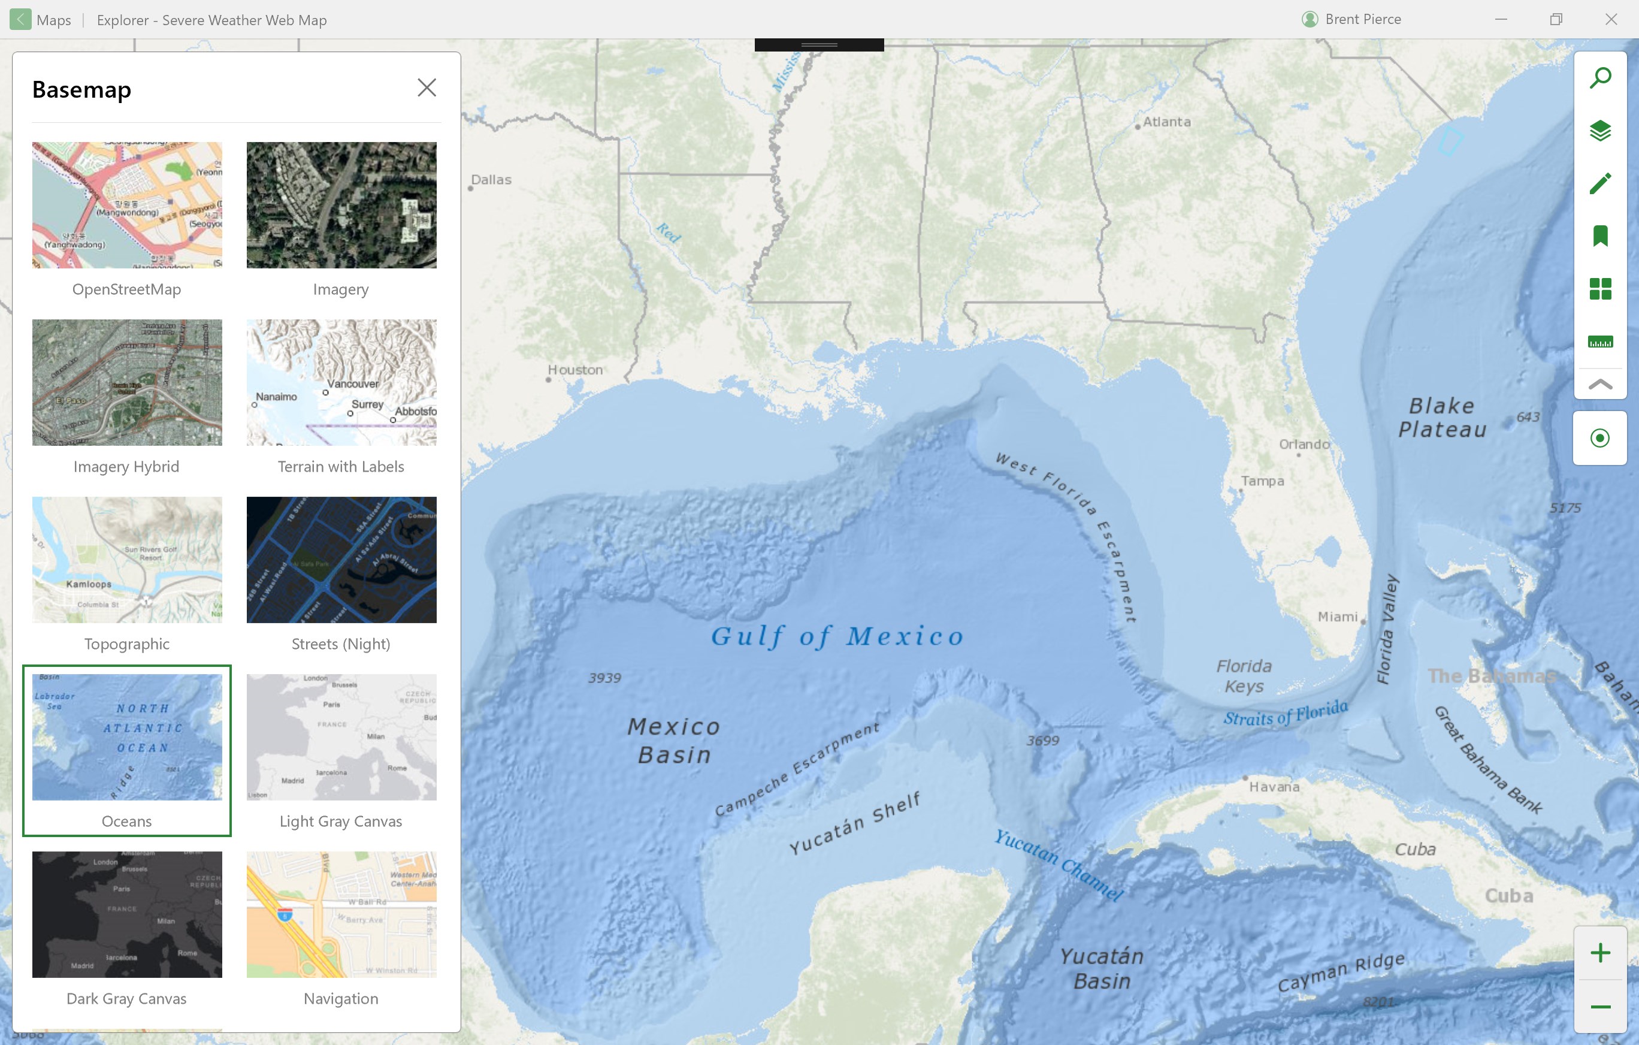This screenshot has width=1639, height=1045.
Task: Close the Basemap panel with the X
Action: [427, 88]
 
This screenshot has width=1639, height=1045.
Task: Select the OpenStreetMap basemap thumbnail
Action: [126, 205]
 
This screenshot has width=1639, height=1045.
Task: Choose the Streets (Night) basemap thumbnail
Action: [341, 560]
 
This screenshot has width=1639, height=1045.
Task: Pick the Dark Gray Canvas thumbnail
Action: [126, 914]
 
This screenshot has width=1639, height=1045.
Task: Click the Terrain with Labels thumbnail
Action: [341, 383]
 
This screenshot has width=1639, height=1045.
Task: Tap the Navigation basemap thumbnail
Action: [341, 914]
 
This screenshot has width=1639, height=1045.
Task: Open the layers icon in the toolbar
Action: [1600, 130]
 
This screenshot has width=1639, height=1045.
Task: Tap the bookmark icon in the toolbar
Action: [1600, 236]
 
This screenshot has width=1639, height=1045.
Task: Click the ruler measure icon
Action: [1600, 342]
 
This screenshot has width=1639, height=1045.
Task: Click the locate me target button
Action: [1599, 438]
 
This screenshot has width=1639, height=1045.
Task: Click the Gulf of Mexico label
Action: [837, 636]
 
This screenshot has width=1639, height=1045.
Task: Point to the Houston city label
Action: [575, 370]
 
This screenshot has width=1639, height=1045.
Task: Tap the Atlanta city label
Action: [1166, 122]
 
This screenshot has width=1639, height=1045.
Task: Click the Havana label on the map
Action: [1274, 786]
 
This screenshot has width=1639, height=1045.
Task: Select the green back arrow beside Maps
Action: [20, 20]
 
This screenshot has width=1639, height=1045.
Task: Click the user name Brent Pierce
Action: [1362, 20]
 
